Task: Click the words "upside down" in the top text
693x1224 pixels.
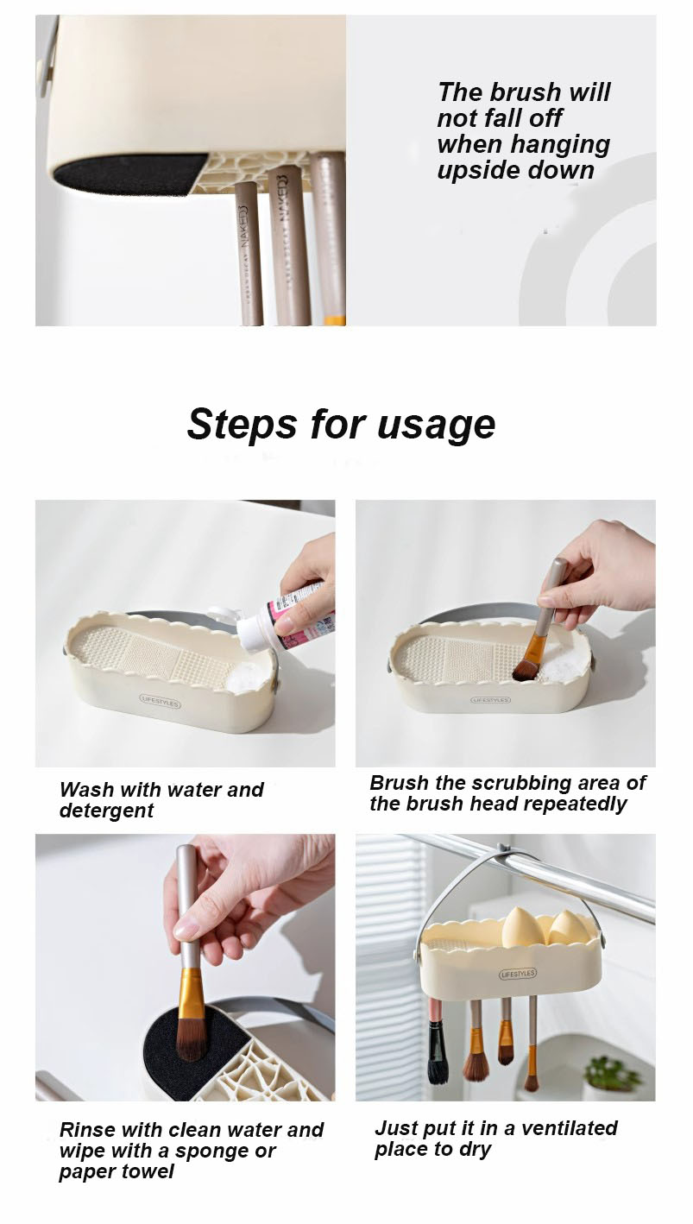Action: [x=515, y=170]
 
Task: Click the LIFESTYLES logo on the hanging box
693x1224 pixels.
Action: [x=518, y=974]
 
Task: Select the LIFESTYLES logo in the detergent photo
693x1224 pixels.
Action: [x=160, y=703]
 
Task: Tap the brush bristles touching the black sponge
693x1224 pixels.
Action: [x=192, y=1040]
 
